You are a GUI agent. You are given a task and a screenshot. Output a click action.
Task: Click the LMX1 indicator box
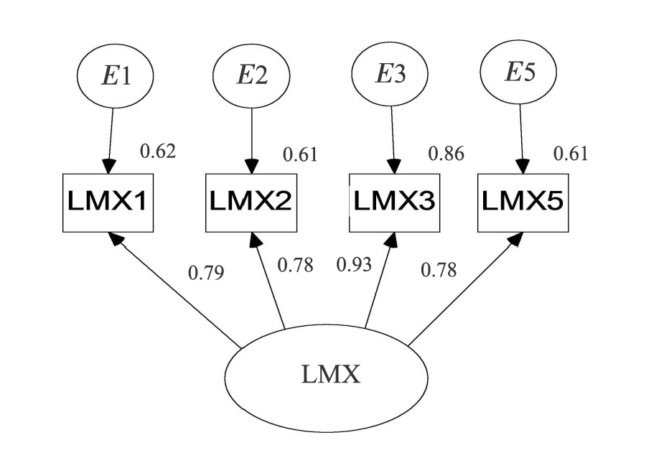pos(108,202)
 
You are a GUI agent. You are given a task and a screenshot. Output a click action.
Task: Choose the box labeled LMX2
pos(251,202)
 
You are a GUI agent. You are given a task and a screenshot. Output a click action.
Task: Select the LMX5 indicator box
pos(522,202)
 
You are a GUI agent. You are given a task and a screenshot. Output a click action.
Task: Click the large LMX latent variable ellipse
pos(327,375)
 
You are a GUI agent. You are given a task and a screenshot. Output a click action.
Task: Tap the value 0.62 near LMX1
pos(157,151)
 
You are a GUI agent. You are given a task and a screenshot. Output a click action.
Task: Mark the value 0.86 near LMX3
pos(446,153)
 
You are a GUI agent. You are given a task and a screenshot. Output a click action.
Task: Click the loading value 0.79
pos(205,273)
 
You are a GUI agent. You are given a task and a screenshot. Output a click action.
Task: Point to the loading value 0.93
pos(355,265)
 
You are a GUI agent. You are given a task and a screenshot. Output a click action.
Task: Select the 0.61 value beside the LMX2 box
pos(299,154)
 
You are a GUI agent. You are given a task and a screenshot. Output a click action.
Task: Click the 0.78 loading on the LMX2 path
pos(296,265)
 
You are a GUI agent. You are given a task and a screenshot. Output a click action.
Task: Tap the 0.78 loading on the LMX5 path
pos(439,270)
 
